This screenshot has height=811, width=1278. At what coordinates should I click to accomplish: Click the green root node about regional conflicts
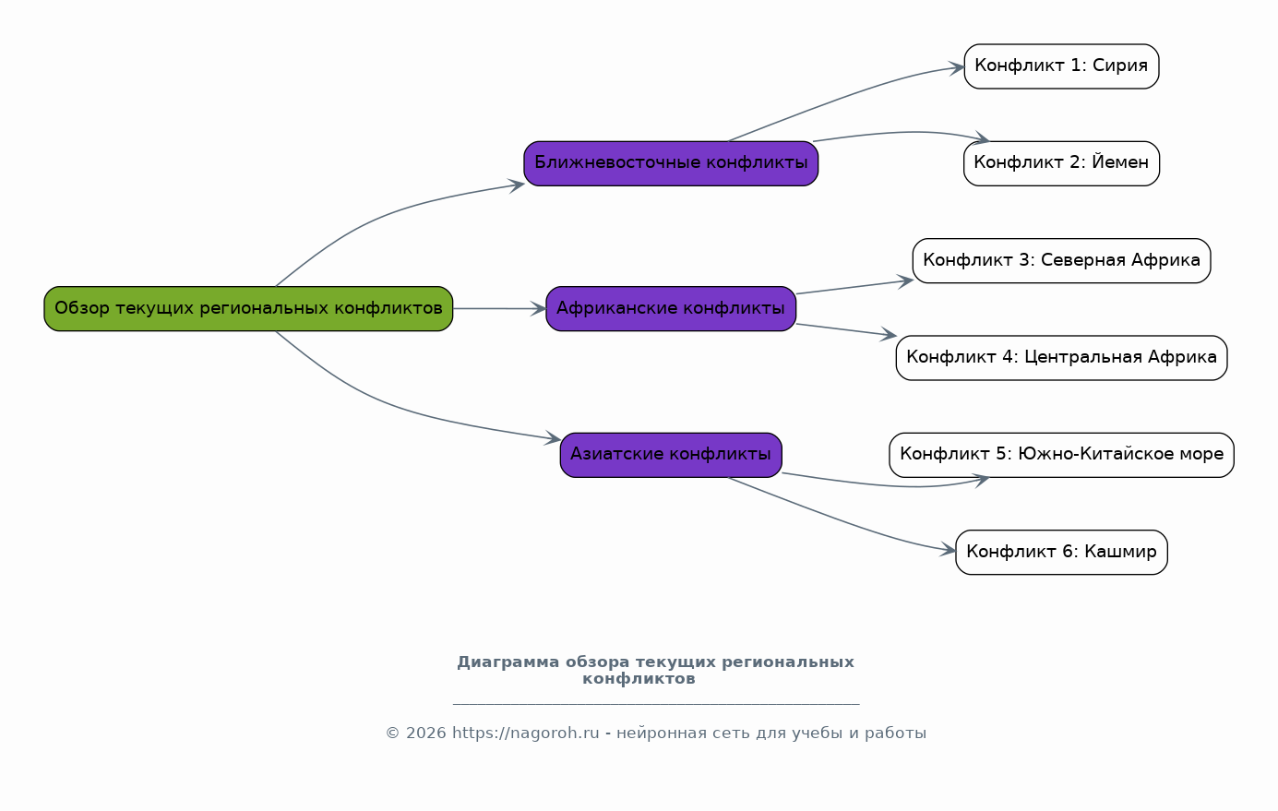click(248, 308)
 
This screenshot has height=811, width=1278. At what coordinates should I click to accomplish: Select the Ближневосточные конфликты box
click(671, 163)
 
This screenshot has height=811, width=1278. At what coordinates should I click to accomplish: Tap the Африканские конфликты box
click(671, 308)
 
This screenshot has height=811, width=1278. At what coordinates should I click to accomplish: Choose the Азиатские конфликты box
click(671, 454)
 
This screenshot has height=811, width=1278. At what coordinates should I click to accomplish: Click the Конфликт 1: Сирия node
click(1061, 66)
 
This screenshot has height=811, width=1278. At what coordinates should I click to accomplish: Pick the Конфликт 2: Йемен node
click(1061, 163)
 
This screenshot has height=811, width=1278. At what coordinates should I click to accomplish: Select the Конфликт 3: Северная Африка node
click(1061, 260)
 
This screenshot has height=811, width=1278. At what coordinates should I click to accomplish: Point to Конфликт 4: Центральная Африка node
click(1061, 357)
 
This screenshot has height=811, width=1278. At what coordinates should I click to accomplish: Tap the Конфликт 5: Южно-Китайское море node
click(1061, 454)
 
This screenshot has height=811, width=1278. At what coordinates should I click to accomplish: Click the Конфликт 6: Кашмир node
click(1061, 552)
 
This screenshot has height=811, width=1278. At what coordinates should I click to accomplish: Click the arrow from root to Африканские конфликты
click(498, 308)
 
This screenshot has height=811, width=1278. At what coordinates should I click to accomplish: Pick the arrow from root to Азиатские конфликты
click(388, 403)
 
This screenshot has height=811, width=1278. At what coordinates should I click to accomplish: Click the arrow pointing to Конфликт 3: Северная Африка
click(854, 287)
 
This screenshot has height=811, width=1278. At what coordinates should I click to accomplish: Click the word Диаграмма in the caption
click(508, 662)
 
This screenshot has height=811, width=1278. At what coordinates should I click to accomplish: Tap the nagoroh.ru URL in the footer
click(526, 733)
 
